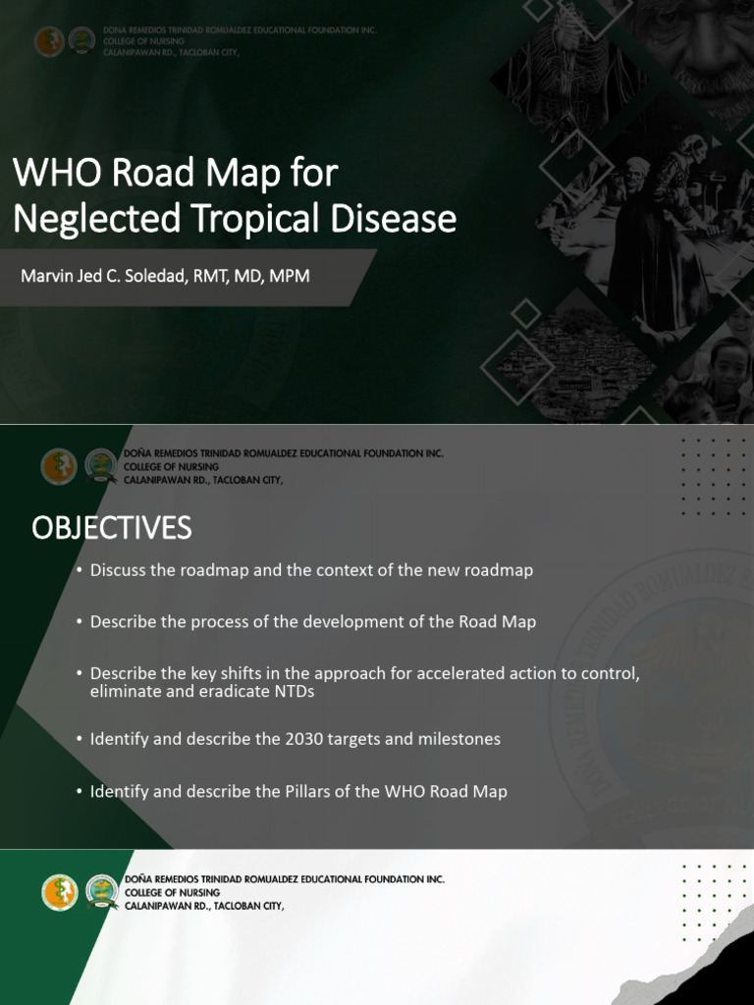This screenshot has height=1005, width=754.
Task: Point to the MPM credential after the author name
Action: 290,276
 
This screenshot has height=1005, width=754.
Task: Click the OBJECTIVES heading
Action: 111,528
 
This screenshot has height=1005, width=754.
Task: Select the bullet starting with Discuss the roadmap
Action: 311,570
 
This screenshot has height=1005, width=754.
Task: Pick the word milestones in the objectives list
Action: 462,739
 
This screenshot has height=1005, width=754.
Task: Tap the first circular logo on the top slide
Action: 48,40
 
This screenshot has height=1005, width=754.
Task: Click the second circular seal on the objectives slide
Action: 101,465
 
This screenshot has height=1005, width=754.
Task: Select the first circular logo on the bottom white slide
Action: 59,892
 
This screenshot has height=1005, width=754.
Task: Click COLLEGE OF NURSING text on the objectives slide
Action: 171,466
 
